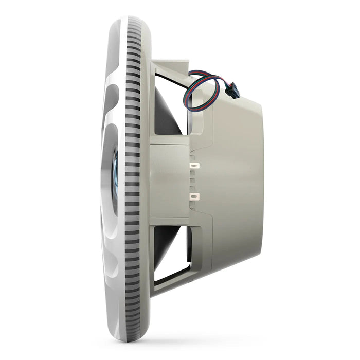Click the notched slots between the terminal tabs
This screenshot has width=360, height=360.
point(192,181)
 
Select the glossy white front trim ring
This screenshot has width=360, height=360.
point(111,103)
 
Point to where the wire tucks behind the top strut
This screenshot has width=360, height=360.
point(189,77)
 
